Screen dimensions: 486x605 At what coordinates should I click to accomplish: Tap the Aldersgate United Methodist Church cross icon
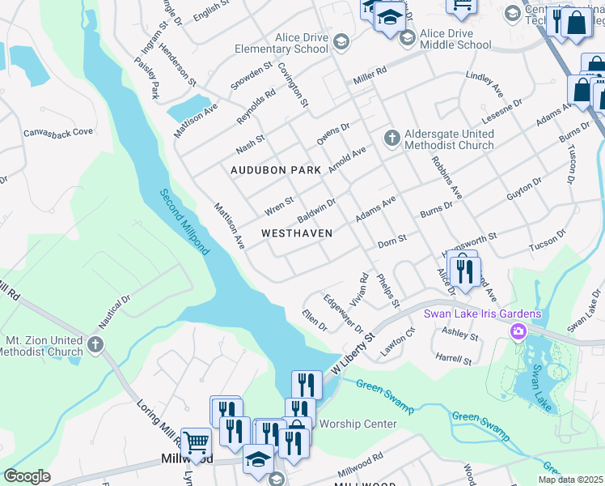391,138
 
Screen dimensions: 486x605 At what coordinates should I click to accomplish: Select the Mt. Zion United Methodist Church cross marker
95,346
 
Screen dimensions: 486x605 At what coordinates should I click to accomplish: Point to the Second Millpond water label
184,222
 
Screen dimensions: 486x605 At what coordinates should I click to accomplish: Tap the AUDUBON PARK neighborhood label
276,170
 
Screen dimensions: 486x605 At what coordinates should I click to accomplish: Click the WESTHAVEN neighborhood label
297,232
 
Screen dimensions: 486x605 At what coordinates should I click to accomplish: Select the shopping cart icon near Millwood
196,441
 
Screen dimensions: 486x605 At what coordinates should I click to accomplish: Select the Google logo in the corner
27,476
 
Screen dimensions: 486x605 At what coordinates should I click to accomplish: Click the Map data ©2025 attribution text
570,480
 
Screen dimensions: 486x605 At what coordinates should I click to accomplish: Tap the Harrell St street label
453,357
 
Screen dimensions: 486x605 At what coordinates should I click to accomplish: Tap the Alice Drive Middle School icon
408,34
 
